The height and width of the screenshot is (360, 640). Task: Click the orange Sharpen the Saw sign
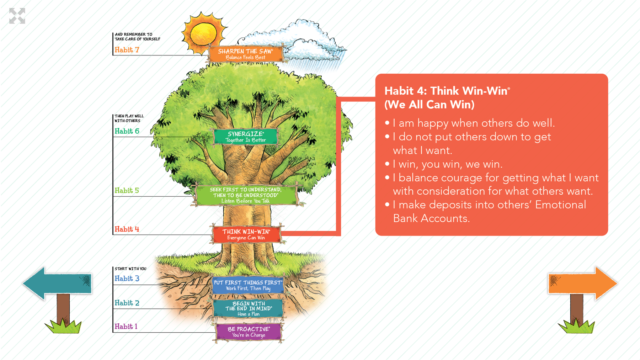(x=246, y=54)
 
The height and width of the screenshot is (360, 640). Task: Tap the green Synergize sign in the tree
(x=246, y=137)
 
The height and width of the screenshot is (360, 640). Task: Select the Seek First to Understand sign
(x=246, y=195)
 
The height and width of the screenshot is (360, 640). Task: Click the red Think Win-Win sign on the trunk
(x=246, y=234)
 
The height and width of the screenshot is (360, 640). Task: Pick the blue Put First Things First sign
(x=248, y=285)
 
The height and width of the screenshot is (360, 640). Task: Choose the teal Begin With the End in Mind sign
(x=248, y=308)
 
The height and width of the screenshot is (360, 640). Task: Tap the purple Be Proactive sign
(x=249, y=332)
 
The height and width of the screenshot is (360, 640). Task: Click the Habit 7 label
(x=127, y=50)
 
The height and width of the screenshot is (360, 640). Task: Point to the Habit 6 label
(x=127, y=131)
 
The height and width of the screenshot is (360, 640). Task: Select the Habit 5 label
(x=127, y=191)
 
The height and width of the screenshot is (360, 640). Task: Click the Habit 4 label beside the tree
(x=127, y=229)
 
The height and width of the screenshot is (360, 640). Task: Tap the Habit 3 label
(x=127, y=279)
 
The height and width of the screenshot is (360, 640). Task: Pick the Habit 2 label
(x=127, y=303)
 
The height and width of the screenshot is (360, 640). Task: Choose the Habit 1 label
(x=126, y=327)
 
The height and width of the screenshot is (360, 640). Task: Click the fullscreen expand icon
(x=17, y=16)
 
